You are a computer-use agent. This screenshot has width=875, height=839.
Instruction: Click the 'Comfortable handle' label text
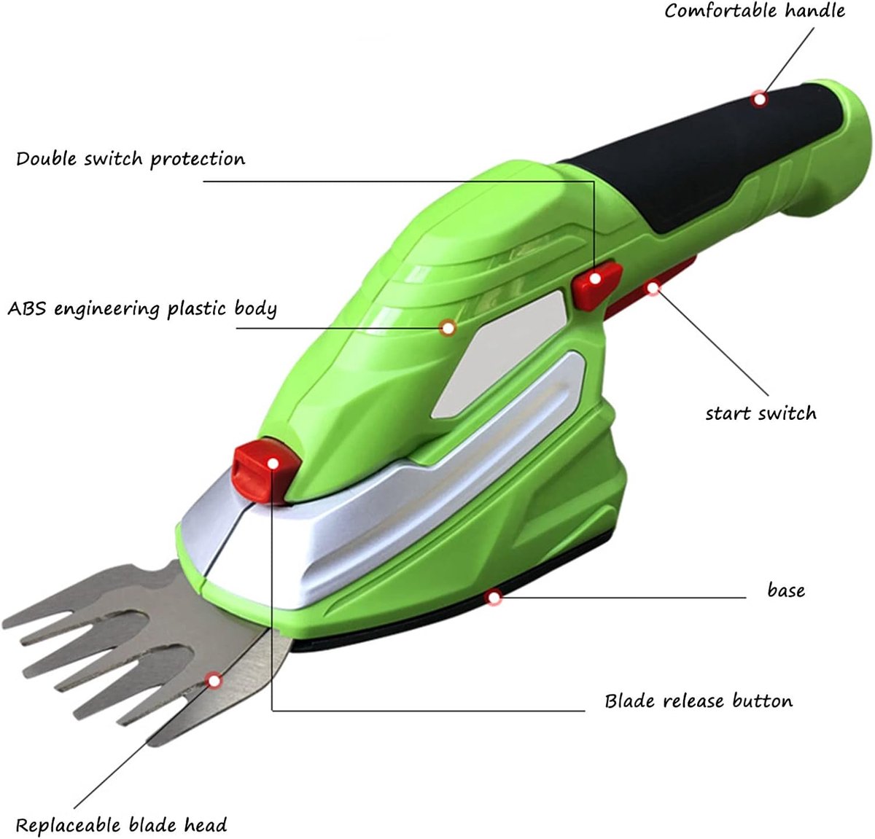pyautogui.click(x=755, y=10)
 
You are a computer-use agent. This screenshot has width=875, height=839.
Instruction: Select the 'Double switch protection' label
pyautogui.click(x=131, y=160)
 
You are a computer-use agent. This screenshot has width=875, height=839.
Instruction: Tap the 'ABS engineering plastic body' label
pyautogui.click(x=142, y=309)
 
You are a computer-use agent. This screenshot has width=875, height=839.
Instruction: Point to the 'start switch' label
pyautogui.click(x=761, y=413)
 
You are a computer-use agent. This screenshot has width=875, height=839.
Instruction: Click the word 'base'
pyautogui.click(x=786, y=590)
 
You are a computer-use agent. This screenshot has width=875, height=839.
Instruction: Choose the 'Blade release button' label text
pyautogui.click(x=699, y=701)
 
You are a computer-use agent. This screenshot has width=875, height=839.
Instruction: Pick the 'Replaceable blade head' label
pyautogui.click(x=121, y=825)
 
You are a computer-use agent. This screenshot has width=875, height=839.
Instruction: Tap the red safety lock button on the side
pyautogui.click(x=596, y=285)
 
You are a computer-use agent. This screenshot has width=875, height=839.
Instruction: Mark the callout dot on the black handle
pyautogui.click(x=760, y=99)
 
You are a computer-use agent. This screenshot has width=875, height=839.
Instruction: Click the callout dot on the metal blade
pyautogui.click(x=214, y=681)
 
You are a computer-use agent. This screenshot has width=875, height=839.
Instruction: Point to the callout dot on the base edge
pyautogui.click(x=494, y=598)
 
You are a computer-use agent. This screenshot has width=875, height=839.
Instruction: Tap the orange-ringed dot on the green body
pyautogui.click(x=448, y=328)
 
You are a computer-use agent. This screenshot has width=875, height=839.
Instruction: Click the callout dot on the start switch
pyautogui.click(x=653, y=288)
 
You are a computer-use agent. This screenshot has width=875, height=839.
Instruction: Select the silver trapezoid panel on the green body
pyautogui.click(x=499, y=355)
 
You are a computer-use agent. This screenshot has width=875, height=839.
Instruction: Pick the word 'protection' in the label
pyautogui.click(x=198, y=160)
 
